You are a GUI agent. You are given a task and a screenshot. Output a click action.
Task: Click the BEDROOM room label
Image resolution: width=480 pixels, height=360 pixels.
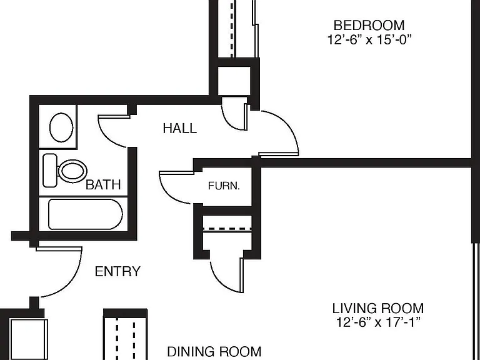[x=369, y=26]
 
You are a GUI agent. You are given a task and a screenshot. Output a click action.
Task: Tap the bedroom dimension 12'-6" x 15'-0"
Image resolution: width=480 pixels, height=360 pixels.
[x=369, y=40]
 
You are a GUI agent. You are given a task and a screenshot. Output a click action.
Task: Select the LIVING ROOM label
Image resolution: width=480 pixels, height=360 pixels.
[x=378, y=308]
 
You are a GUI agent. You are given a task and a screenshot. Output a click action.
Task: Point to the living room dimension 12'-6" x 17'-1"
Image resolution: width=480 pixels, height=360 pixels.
[x=378, y=322]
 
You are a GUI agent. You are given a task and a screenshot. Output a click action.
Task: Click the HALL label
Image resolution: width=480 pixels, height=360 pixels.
[x=180, y=128]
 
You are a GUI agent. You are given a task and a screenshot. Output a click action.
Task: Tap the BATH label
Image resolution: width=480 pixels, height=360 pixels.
[x=103, y=184]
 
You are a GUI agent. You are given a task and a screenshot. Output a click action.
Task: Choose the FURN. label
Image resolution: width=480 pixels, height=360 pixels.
[x=224, y=186]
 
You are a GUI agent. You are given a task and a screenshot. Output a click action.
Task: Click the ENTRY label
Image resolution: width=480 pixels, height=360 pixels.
[x=117, y=271]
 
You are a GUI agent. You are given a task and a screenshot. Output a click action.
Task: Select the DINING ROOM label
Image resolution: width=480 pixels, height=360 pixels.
[x=214, y=352]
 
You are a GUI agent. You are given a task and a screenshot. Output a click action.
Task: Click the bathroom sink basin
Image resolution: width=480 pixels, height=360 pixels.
[x=61, y=127]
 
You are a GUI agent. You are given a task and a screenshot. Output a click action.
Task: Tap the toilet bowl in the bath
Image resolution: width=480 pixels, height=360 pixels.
[x=72, y=171]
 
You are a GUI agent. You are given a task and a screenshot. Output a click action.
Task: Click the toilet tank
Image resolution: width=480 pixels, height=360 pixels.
[x=50, y=171]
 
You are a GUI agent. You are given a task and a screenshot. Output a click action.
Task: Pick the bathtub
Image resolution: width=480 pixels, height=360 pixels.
[x=86, y=214]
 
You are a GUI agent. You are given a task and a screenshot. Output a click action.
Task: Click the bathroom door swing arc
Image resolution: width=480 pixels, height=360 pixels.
[x=106, y=138]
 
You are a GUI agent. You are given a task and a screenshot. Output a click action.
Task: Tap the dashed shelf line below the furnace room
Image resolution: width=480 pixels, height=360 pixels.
[x=227, y=229]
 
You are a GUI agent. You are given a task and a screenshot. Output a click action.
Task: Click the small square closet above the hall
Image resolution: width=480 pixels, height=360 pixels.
[x=234, y=81]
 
